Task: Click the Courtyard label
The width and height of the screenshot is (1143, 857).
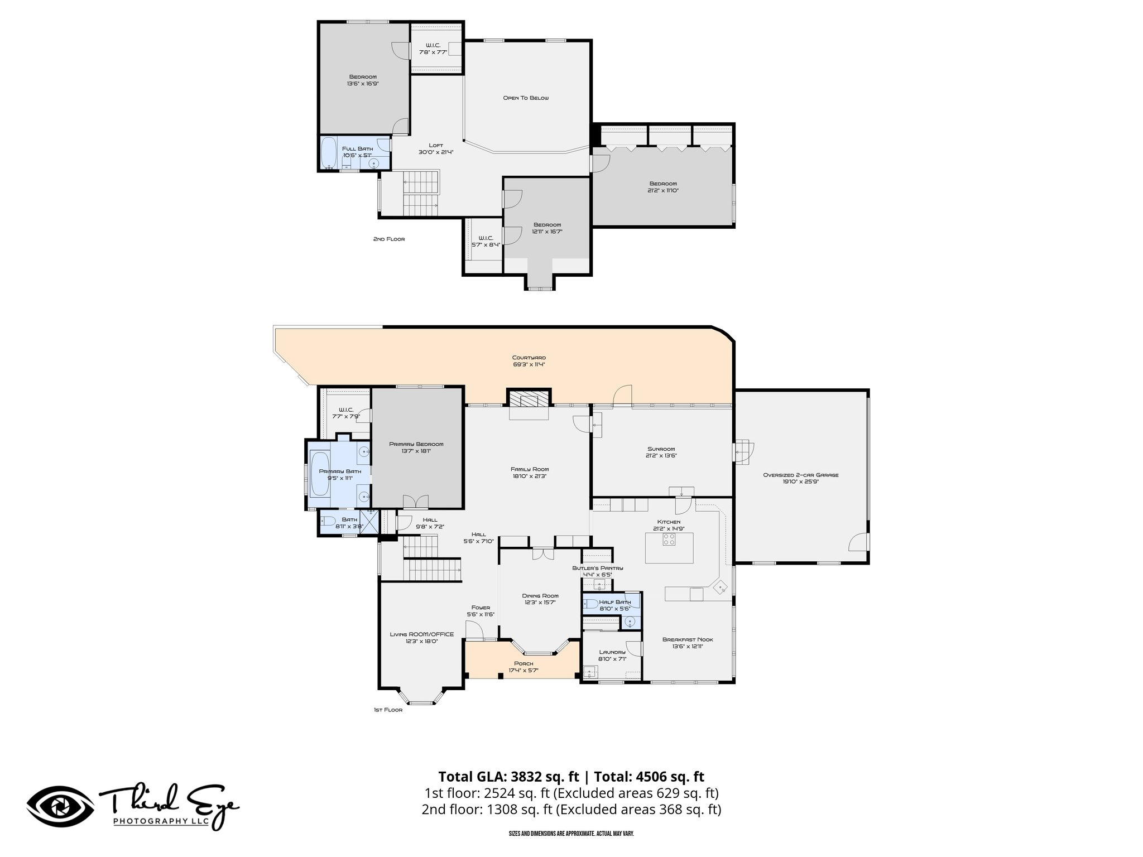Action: pyautogui.click(x=529, y=358)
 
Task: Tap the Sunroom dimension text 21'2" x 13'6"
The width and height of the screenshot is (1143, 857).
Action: pyautogui.click(x=661, y=456)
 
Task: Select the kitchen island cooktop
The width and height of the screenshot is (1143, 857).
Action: pyautogui.click(x=669, y=540)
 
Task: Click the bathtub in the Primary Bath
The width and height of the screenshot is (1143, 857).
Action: pyautogui.click(x=320, y=474)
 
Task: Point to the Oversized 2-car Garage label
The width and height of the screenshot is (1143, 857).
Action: pyautogui.click(x=801, y=475)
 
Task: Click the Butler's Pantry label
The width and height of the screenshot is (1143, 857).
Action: pyautogui.click(x=597, y=568)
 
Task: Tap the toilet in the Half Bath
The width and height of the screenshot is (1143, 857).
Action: pyautogui.click(x=590, y=603)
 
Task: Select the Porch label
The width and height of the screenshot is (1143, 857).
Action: pyautogui.click(x=523, y=663)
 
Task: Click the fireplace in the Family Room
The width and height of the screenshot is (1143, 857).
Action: pyautogui.click(x=529, y=399)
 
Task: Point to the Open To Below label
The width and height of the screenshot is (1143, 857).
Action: pyautogui.click(x=526, y=98)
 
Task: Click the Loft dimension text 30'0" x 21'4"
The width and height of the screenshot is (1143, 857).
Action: pyautogui.click(x=436, y=152)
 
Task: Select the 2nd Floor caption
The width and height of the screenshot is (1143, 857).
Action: pyautogui.click(x=389, y=239)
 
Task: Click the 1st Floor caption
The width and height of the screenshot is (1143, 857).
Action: pyautogui.click(x=388, y=710)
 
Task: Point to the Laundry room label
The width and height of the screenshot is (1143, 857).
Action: pyautogui.click(x=612, y=652)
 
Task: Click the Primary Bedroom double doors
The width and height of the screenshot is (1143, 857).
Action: pyautogui.click(x=416, y=502)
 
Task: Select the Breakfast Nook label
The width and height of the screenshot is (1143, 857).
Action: pyautogui.click(x=688, y=639)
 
